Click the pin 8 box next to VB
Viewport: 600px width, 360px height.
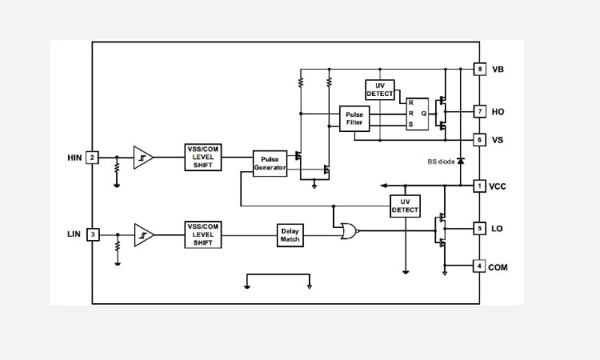[x=480, y=70]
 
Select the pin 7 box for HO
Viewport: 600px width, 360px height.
[x=480, y=111]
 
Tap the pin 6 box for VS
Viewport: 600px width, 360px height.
[x=480, y=140]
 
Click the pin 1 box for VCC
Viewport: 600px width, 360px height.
[x=480, y=186]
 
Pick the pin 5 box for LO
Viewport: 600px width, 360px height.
[x=480, y=228]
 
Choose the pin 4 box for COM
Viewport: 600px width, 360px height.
[x=480, y=266]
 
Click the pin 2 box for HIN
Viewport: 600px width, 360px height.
[x=92, y=158]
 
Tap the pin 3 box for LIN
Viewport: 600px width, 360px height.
[x=92, y=234]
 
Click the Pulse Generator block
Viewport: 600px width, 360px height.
[x=270, y=163]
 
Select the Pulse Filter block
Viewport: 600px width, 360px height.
[x=354, y=118]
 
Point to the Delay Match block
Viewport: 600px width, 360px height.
[x=290, y=234]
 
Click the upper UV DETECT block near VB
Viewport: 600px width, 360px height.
[x=380, y=90]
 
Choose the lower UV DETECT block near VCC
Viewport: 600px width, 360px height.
[x=405, y=206]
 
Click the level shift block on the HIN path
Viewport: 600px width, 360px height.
[x=202, y=157]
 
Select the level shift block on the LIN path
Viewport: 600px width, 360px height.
[x=202, y=234]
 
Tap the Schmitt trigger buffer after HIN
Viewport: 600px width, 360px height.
[x=142, y=158]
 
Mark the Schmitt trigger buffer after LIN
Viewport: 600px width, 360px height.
[x=142, y=234]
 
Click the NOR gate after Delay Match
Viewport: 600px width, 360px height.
[x=348, y=231]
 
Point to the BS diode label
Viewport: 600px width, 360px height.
[x=440, y=162]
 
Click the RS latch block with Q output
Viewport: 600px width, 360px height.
[x=418, y=114]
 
